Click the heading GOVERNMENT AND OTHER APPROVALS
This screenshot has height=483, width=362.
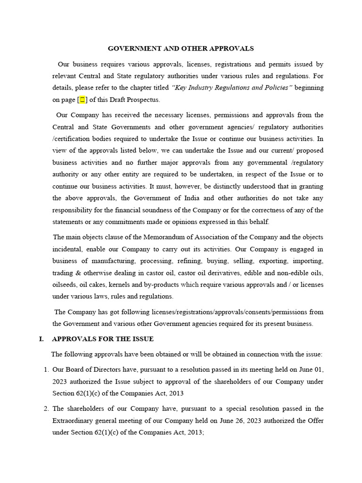181,48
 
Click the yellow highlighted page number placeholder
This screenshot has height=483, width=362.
82,100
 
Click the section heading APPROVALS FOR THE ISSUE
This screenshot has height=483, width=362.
102,339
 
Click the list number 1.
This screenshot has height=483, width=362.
45,369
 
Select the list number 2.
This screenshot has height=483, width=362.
45,408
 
